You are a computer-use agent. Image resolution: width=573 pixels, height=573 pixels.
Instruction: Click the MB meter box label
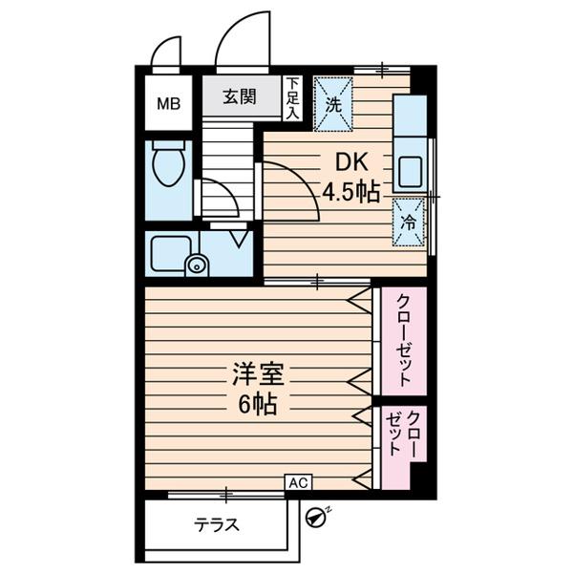pos(167,102)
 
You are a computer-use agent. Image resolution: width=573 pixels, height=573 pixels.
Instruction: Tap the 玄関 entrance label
pos(241,96)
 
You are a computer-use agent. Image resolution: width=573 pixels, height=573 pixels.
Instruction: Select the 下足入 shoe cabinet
pos(293,97)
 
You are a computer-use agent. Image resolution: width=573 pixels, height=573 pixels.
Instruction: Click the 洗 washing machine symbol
pos(334,102)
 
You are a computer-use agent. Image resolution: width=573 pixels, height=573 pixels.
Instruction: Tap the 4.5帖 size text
pos(350,193)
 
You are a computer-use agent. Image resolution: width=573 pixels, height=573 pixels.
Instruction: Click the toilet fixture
pos(170,164)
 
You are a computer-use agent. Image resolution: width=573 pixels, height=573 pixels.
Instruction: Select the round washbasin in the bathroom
pos(197,265)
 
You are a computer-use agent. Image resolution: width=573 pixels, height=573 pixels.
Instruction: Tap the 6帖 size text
pos(257,404)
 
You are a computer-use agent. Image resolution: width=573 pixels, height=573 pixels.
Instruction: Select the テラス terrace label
pos(216,524)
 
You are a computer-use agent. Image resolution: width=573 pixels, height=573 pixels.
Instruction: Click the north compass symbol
pos(315,517)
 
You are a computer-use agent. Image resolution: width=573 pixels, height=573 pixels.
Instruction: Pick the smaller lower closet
pos(402,435)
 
